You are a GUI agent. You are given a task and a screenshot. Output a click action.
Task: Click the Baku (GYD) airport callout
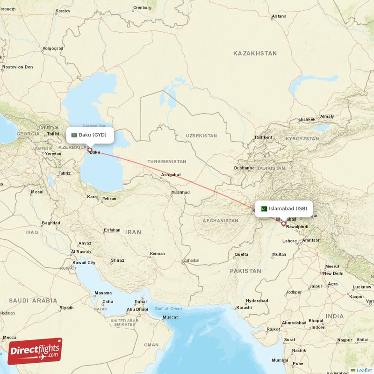click(89, 135)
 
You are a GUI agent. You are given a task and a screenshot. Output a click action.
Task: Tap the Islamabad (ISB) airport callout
click(284, 208)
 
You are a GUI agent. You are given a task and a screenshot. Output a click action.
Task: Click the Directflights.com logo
click(35, 351)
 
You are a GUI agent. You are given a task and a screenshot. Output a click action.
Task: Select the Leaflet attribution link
click(364, 370)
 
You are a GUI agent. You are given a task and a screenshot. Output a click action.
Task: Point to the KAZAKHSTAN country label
click(255, 54)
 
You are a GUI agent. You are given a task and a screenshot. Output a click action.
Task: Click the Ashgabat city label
click(171, 175)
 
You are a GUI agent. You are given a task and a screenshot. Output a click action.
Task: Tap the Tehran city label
click(109, 199)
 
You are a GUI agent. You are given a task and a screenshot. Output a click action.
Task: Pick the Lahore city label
click(289, 241)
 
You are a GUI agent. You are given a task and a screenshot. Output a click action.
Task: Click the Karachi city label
click(244, 308)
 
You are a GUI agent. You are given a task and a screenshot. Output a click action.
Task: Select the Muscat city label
click(170, 317)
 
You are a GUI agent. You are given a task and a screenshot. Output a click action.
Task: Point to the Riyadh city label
click(66, 308)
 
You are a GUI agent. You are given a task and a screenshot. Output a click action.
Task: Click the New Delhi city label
click(333, 273)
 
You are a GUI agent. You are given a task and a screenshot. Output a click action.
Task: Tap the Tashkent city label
click(263, 137)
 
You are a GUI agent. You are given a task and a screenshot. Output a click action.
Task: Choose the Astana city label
click(279, 16)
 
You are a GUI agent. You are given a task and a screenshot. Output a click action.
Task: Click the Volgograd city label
click(52, 48)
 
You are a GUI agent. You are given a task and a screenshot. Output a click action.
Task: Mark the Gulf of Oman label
click(168, 309)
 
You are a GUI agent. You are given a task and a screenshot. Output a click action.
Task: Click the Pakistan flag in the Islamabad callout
click(264, 209)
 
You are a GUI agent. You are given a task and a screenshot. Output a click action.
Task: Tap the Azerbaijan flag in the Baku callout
click(74, 135)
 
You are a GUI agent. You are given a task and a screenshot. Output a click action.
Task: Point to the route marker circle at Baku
click(90, 151)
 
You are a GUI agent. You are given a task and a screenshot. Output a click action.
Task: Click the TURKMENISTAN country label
click(167, 162)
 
